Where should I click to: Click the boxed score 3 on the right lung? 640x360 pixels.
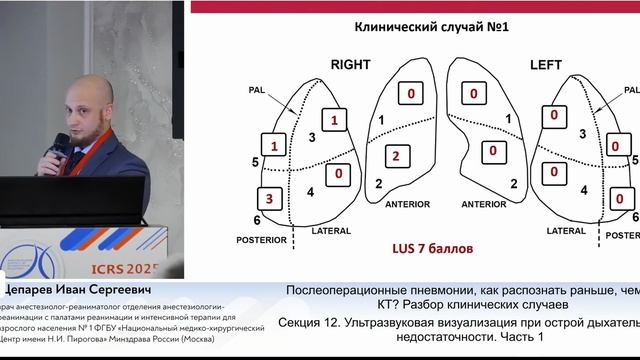(x=268, y=196)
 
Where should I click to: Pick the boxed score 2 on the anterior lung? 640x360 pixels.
(x=396, y=155)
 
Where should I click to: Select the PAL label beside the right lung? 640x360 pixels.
(x=258, y=90)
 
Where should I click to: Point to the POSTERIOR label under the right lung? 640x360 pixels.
(x=261, y=240)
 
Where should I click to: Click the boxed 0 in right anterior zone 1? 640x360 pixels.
(x=411, y=95)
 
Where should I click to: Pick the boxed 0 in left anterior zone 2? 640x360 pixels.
(x=493, y=151)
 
